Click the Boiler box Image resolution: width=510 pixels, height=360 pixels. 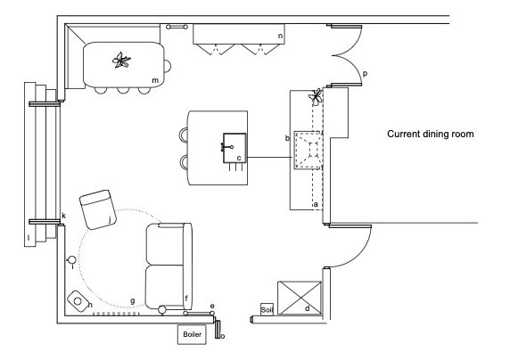[x=192, y=334]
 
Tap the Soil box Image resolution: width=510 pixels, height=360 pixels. [x=267, y=309]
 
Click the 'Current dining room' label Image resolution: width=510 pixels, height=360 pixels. [x=431, y=134]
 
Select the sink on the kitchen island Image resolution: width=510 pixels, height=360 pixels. [x=234, y=148]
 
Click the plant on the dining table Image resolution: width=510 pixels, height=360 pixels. [x=121, y=61]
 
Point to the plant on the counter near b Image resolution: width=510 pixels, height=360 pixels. [x=316, y=96]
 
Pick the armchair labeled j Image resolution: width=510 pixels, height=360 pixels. [x=97, y=209]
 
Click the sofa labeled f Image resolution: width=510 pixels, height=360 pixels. [x=169, y=266]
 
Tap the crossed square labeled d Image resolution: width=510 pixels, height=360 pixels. [x=300, y=299]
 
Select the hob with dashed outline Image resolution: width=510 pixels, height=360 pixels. [x=308, y=150]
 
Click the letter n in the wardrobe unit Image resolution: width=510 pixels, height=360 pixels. [x=280, y=37]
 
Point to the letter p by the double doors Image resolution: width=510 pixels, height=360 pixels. [x=365, y=74]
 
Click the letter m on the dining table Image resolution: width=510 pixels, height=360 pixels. [x=155, y=80]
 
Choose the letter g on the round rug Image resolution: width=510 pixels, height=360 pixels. [x=132, y=301]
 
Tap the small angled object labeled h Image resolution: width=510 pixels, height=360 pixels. [x=78, y=301]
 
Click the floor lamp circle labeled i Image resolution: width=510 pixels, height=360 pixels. [x=71, y=260]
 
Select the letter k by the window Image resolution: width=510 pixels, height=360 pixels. [x=64, y=216]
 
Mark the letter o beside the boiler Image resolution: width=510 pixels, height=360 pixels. [x=223, y=336]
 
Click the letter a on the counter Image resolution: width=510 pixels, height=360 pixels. [x=316, y=205]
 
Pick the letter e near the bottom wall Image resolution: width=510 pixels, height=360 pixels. [x=212, y=306]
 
